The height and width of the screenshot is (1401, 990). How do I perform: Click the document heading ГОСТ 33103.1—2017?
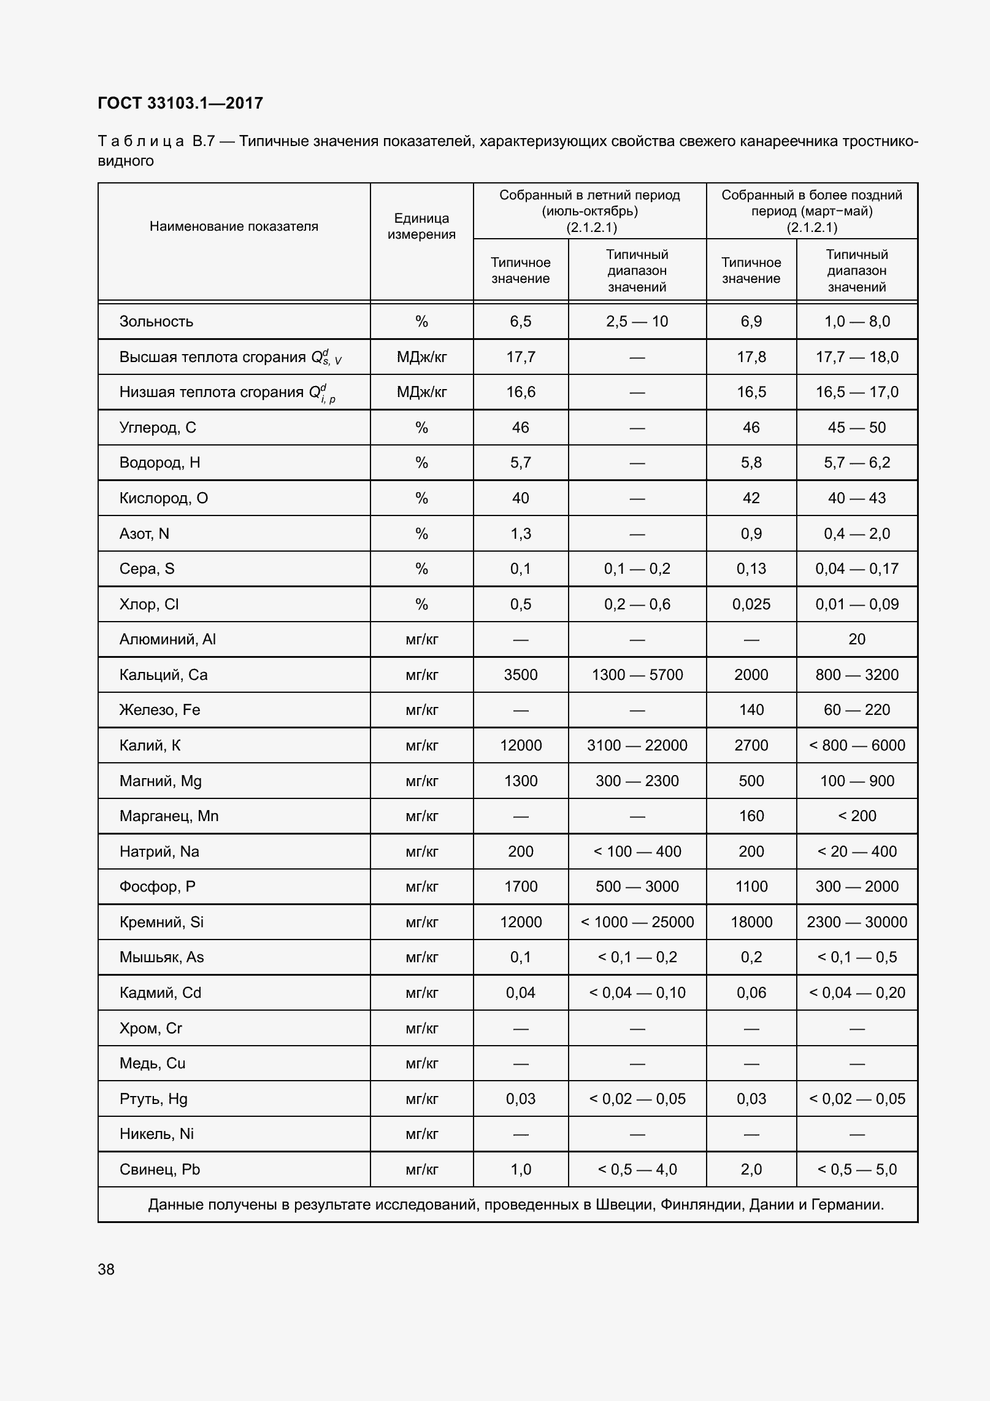[x=180, y=103]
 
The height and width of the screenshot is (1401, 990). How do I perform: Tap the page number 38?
[x=106, y=1269]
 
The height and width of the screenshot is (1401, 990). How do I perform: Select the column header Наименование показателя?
[x=234, y=226]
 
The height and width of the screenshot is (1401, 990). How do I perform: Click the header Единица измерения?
[x=421, y=226]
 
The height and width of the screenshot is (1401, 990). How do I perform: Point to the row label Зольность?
[x=156, y=322]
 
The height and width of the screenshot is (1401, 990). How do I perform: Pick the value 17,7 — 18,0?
[x=856, y=357]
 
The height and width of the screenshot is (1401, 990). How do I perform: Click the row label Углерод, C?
[x=158, y=428]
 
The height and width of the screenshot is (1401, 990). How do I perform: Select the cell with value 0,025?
[x=751, y=604]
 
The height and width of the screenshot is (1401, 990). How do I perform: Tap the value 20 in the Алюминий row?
[x=856, y=639]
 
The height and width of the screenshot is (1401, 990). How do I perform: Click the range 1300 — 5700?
[x=637, y=675]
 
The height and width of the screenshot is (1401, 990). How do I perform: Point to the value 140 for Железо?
[x=751, y=710]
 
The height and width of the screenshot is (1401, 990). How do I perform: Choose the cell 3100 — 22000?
[x=637, y=746]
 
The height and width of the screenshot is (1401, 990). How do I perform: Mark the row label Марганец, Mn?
[x=169, y=816]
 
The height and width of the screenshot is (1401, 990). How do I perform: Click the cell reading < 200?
[x=856, y=816]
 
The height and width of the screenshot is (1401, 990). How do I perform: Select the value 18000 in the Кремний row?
[x=751, y=922]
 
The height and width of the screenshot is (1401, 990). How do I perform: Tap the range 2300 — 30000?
[x=856, y=922]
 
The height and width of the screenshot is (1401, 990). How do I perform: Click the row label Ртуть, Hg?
[x=153, y=1099]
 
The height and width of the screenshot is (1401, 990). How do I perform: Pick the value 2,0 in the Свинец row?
[x=751, y=1170]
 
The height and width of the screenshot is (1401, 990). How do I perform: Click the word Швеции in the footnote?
[x=616, y=1205]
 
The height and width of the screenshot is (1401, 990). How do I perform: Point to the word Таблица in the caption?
[x=140, y=142]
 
